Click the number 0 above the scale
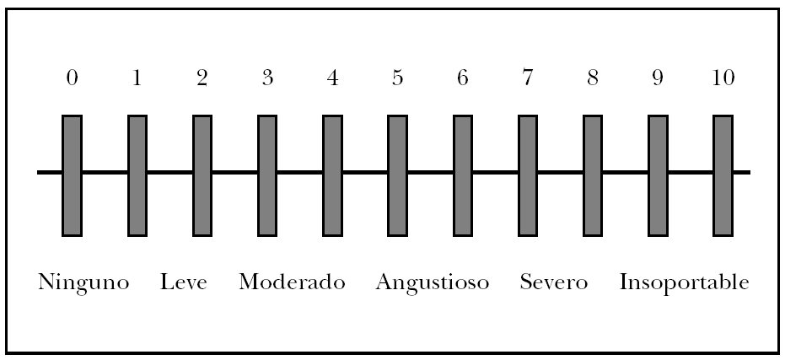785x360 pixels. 73,79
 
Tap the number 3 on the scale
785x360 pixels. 267,79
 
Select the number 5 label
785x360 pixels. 397,79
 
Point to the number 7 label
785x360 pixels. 528,79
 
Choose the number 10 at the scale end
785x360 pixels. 723,79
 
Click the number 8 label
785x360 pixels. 593,79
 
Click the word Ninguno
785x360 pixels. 83,282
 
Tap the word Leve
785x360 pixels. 185,282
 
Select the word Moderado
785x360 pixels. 292,282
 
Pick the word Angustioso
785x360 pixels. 433,282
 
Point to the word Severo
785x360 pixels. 554,282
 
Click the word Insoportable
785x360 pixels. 684,282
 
